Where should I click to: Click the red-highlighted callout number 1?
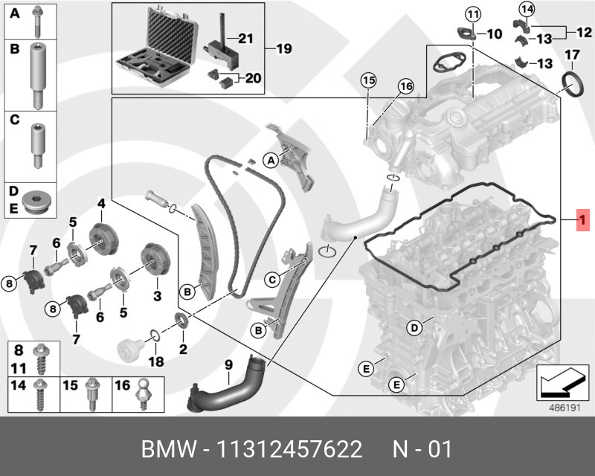coord(584,220)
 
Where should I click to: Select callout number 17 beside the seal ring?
coord(571,55)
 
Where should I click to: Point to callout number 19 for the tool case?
coord(284,49)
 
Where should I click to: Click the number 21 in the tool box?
coord(245,37)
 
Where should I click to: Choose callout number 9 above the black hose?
coord(229,364)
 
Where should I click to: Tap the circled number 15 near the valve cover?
coord(367,80)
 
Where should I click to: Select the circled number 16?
coord(405,86)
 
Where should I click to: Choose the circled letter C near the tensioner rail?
coord(273,280)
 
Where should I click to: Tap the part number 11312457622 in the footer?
coord(289,450)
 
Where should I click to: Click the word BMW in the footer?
coord(168,450)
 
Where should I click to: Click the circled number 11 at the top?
coord(474,13)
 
